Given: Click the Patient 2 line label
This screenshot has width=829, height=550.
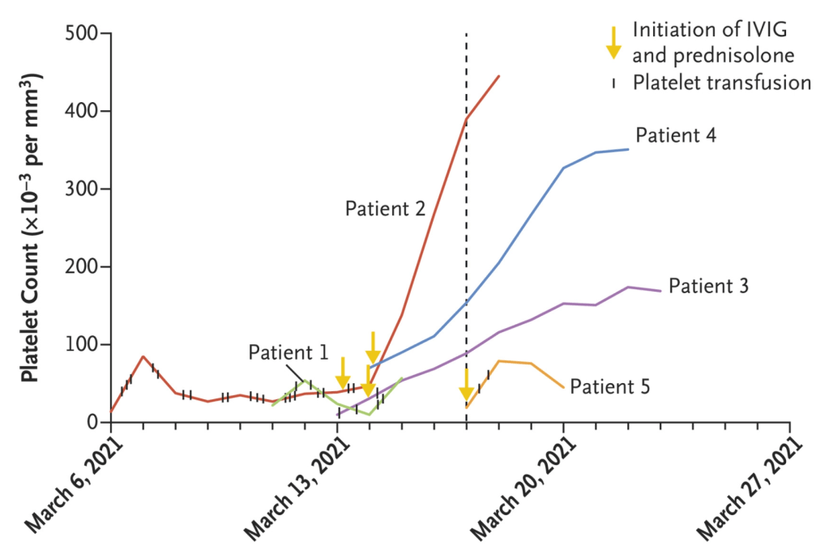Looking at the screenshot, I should (x=385, y=209).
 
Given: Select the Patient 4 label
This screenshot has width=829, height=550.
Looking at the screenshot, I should (x=675, y=135).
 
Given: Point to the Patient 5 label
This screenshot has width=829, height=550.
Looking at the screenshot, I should (x=609, y=386).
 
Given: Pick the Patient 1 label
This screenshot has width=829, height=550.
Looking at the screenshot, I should (x=288, y=352).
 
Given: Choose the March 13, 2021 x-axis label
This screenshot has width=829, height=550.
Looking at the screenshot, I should (x=296, y=486).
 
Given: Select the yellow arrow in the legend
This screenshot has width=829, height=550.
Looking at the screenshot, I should (x=613, y=42).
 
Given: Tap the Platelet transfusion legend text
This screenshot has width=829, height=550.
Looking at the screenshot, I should (x=721, y=83).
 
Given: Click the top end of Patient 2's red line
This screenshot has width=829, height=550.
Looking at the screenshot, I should (x=499, y=76).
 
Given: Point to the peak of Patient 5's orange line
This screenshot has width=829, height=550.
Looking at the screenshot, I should (x=499, y=361).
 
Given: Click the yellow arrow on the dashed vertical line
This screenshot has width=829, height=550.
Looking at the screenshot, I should (x=466, y=387).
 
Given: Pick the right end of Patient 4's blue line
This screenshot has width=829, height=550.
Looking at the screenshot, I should (x=628, y=149).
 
